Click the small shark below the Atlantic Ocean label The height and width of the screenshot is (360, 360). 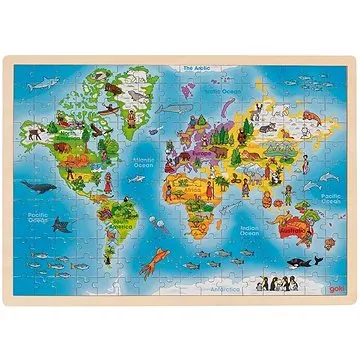150,186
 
